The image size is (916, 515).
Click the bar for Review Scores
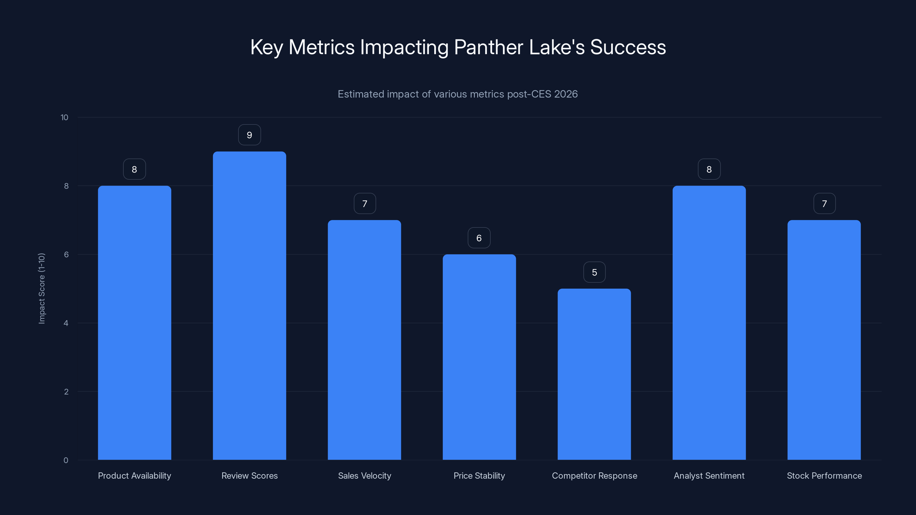(x=249, y=306)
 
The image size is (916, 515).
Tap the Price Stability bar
(x=479, y=357)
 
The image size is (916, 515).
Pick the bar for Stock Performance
(x=824, y=340)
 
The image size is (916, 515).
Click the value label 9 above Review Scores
(x=249, y=135)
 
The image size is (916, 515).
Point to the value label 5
(x=594, y=272)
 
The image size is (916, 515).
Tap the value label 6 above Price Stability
(x=479, y=238)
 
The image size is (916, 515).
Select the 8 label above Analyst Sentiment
(x=709, y=170)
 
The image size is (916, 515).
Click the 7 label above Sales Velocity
(x=364, y=204)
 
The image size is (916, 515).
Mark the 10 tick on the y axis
(x=64, y=118)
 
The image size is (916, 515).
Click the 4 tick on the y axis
(x=66, y=323)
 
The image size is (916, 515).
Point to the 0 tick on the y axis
(x=66, y=461)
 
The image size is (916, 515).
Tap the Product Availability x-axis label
(x=135, y=476)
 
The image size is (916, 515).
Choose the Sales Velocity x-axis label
(x=364, y=476)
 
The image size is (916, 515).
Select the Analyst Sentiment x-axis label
(x=709, y=476)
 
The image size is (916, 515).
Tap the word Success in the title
(x=628, y=47)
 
